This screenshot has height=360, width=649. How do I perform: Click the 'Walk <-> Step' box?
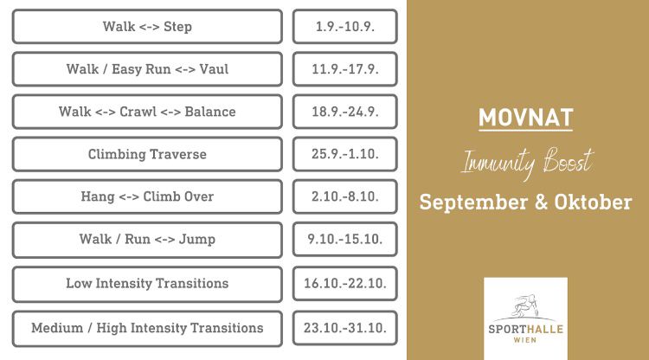coord(147,27)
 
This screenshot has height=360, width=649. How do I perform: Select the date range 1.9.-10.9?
coord(344,27)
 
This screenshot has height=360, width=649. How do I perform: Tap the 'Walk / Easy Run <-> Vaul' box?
coord(147,69)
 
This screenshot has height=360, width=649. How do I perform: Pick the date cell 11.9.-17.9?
coord(344,69)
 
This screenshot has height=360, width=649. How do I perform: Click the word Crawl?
coord(138,112)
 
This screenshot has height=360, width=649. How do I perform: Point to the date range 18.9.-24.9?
coord(344,112)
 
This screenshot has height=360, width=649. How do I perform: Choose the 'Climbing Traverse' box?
coord(147,154)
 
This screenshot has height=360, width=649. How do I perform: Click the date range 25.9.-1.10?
coord(344,154)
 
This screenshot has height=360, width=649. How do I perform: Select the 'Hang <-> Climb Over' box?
coord(147,196)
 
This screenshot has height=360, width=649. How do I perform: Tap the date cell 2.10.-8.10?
coord(344,196)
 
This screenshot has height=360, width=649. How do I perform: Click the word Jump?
coord(197,240)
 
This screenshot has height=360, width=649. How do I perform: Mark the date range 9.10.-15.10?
coord(344,240)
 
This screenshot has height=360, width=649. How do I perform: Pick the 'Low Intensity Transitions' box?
coord(147,284)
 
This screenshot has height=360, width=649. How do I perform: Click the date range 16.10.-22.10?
coord(344,284)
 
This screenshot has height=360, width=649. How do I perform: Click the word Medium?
coord(57,328)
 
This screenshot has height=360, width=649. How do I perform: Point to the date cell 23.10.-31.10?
coord(344,329)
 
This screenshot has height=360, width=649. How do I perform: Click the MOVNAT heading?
coord(525,118)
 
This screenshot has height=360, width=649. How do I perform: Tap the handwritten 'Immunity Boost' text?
coord(527,162)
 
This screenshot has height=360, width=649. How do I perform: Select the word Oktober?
coord(593,202)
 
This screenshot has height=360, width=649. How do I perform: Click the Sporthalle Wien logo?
coord(525,318)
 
